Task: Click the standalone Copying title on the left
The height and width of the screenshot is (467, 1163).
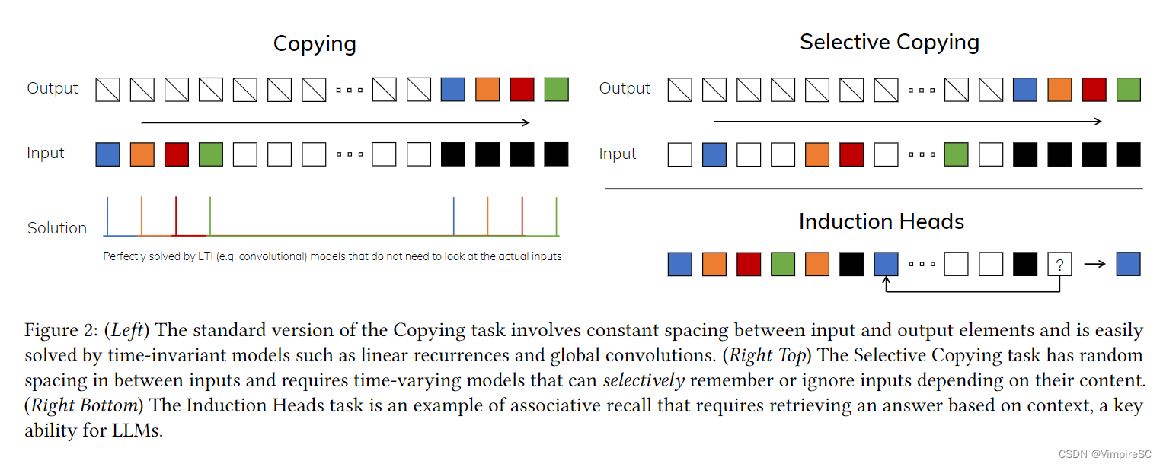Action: tap(315, 43)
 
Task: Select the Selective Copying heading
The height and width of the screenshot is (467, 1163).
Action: tap(889, 42)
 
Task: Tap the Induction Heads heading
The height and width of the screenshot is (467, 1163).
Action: tap(881, 221)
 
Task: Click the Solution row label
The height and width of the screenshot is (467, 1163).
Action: tap(57, 228)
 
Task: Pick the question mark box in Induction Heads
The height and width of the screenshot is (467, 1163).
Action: tap(1060, 264)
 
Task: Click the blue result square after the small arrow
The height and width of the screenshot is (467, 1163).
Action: tap(1128, 264)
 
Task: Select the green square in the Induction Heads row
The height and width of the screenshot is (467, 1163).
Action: tap(783, 264)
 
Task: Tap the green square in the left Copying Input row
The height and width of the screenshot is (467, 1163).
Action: tap(211, 154)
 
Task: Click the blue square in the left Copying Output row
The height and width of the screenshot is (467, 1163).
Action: tap(453, 90)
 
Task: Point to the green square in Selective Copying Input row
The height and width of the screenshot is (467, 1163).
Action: tap(956, 154)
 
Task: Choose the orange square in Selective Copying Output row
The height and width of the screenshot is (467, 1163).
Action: tap(1059, 90)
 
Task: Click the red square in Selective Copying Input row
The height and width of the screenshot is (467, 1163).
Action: tap(851, 154)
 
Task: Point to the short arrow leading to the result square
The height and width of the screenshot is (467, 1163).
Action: tap(1094, 264)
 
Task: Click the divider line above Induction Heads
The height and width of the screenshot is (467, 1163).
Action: tap(874, 188)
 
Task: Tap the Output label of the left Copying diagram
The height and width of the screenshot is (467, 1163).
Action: tap(53, 88)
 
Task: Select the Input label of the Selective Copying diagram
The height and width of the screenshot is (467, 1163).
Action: tap(618, 154)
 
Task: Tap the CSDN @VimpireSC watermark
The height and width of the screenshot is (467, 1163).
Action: tap(1105, 453)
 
